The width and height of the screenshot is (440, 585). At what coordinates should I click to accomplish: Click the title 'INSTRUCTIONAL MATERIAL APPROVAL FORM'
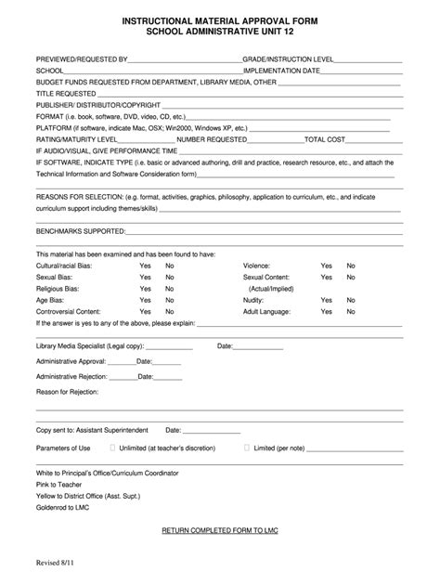[219, 19]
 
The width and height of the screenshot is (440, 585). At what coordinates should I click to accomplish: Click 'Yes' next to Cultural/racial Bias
[145, 266]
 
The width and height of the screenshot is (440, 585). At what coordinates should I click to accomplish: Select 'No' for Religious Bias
[170, 288]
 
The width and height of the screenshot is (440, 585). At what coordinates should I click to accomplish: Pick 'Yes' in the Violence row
[326, 266]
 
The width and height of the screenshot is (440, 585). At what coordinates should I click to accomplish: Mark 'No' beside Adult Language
[351, 312]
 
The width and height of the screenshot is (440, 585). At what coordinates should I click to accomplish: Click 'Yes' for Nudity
[326, 300]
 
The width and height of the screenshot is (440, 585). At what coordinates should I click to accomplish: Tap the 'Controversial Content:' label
[69, 312]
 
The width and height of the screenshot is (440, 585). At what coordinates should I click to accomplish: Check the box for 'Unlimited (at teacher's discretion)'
[113, 448]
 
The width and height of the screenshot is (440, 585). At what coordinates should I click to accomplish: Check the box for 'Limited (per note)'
[247, 448]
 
